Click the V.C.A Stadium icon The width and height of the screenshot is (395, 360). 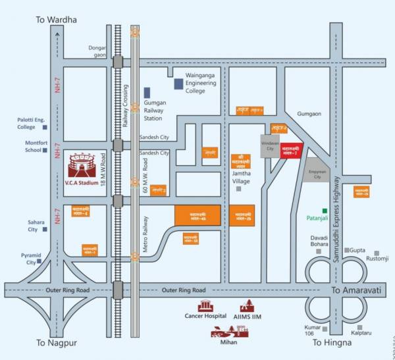82,165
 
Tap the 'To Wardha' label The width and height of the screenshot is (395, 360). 56,20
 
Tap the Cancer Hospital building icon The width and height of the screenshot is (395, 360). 205,306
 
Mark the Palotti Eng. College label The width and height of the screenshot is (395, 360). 26,123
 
